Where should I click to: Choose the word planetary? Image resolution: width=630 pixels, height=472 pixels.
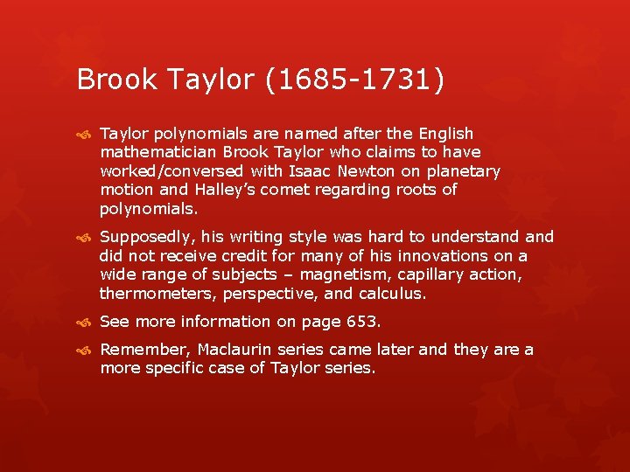tap(466, 171)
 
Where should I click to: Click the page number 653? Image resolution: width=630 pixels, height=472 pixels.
tap(360, 322)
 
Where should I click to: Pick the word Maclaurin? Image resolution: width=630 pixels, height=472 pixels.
tap(234, 350)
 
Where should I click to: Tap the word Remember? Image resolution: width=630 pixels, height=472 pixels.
tap(144, 350)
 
